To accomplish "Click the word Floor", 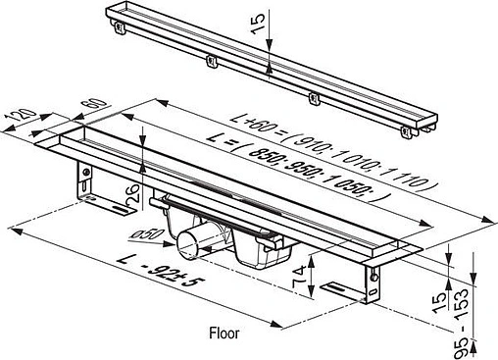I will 224,332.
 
